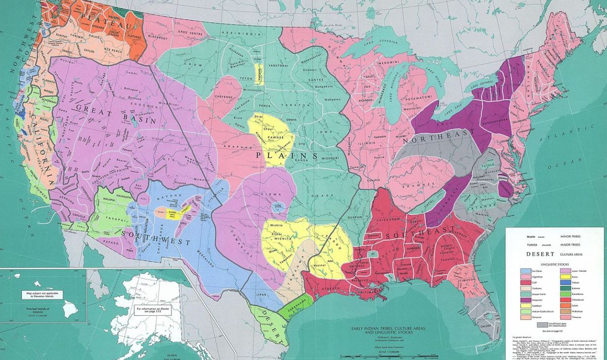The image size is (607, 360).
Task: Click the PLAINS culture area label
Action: click(287, 155)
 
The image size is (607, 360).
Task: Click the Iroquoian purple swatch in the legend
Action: click(525, 300)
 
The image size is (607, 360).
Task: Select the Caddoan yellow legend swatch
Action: click(525, 306)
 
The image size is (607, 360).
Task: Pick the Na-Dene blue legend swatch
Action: click(525, 271)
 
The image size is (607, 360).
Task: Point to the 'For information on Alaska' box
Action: click(151, 310)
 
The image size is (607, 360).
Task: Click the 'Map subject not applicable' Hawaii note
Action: click(42, 295)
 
